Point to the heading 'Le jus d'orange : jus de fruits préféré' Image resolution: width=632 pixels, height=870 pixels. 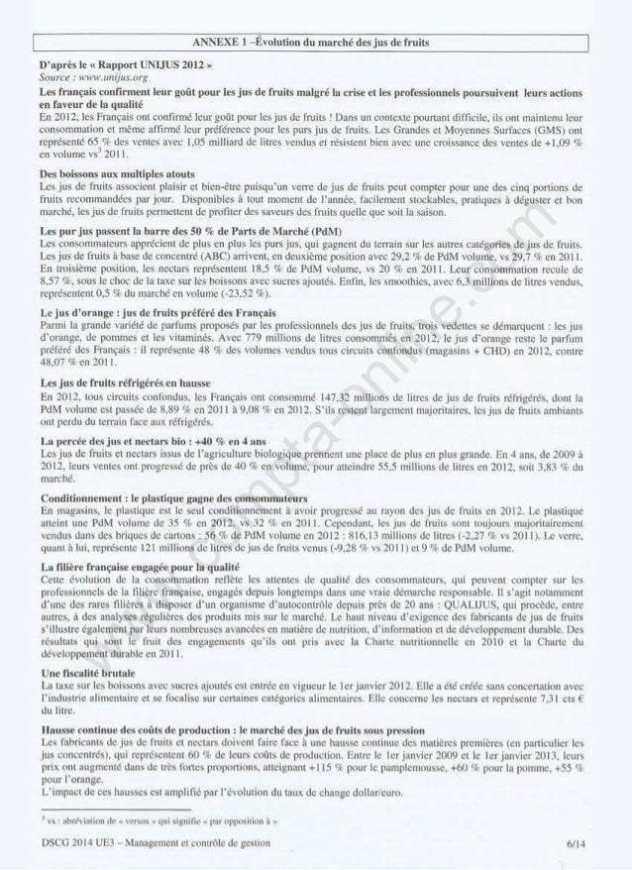tap(144, 313)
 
